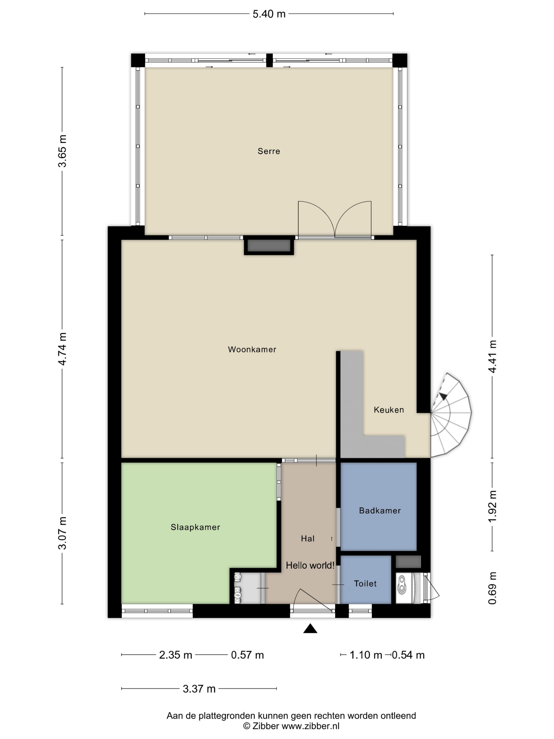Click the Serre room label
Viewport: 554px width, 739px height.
pyautogui.click(x=269, y=151)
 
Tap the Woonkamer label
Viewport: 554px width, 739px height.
pyautogui.click(x=252, y=349)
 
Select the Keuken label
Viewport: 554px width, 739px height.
pyautogui.click(x=389, y=410)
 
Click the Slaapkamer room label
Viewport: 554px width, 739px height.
pyautogui.click(x=195, y=527)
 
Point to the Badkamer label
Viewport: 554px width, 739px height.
pyautogui.click(x=380, y=510)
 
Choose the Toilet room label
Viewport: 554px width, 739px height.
pyautogui.click(x=365, y=584)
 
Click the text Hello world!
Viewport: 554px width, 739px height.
pyautogui.click(x=310, y=565)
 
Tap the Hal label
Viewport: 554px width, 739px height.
pyautogui.click(x=308, y=539)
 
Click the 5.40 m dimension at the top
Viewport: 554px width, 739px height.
pyautogui.click(x=269, y=14)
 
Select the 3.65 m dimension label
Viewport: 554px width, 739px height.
pyautogui.click(x=63, y=151)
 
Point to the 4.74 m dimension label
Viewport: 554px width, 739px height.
pyautogui.click(x=63, y=349)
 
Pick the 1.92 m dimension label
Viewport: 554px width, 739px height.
pyautogui.click(x=492, y=506)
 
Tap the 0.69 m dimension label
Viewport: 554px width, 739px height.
pyautogui.click(x=492, y=588)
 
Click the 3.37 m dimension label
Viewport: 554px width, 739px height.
pyautogui.click(x=199, y=689)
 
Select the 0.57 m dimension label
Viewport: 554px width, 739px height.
pyautogui.click(x=247, y=655)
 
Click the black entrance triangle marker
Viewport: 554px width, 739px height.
pyautogui.click(x=310, y=628)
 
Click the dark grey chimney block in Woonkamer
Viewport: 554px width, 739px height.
pyautogui.click(x=269, y=245)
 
